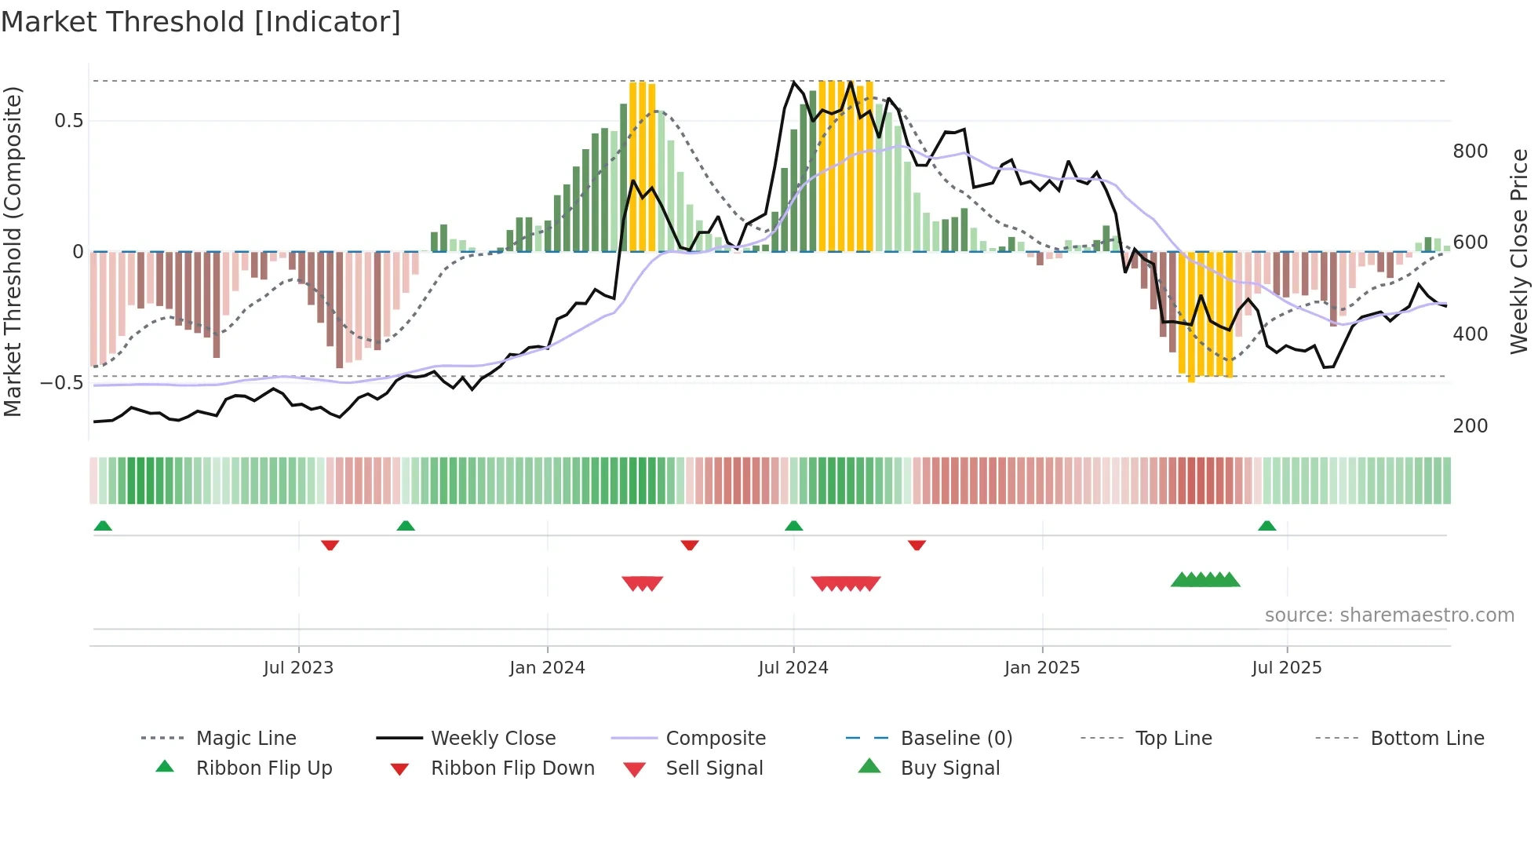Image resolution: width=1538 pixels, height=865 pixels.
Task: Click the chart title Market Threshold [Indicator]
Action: point(201,22)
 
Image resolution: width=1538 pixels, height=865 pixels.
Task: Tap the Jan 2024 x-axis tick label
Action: point(547,668)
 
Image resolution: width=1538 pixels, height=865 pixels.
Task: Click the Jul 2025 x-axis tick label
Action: point(1286,668)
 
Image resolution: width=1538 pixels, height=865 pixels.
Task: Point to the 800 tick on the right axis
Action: point(1470,151)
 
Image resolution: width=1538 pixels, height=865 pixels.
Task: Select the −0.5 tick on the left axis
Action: point(62,383)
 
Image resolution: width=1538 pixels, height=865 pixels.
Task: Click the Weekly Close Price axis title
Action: point(1519,251)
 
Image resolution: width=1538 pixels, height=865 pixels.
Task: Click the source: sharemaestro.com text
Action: point(1389,615)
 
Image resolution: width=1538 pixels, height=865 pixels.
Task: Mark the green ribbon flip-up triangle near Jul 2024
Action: point(793,526)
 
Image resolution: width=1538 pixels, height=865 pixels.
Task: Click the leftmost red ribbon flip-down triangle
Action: point(330,545)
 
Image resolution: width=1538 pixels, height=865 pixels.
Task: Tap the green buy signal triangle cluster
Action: point(1205,580)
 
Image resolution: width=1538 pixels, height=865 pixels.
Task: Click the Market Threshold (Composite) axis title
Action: point(13,251)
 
